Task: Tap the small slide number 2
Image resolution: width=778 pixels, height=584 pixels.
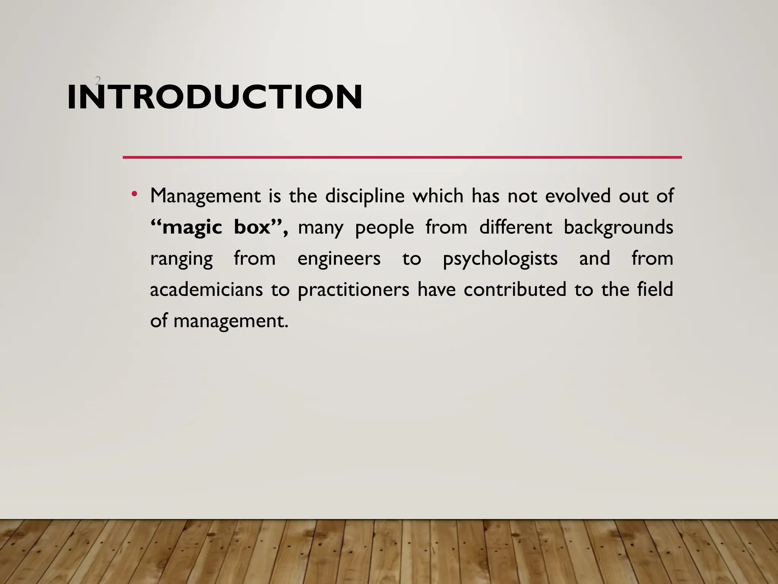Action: (98, 81)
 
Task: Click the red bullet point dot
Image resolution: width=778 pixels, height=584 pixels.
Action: (134, 195)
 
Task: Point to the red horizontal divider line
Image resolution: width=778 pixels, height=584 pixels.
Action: (402, 157)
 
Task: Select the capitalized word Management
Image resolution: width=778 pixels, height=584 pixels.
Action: (205, 197)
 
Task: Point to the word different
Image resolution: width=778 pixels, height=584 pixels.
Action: (516, 227)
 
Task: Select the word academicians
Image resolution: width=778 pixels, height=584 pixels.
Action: (206, 290)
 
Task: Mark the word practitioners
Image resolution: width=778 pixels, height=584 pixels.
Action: (353, 290)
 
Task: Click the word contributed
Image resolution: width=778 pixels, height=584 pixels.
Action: (515, 290)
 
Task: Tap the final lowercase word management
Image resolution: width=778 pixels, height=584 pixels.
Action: (231, 321)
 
